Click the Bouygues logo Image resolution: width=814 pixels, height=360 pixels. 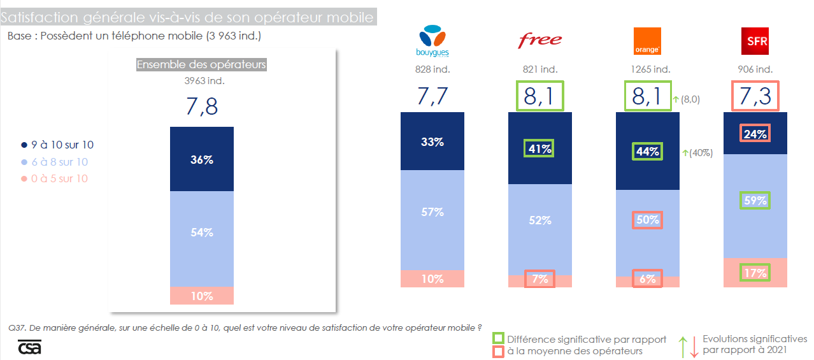pos(432,40)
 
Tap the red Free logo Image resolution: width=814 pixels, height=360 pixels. pos(540,41)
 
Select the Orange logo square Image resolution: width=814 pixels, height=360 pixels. pos(647,41)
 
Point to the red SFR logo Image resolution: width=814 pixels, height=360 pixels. pos(755,41)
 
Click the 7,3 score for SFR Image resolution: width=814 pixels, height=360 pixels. pos(755,96)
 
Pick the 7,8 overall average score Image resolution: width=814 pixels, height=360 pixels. pos(202,106)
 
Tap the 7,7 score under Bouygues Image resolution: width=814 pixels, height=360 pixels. pos(432,96)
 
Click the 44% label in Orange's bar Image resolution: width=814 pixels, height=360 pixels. pos(648,152)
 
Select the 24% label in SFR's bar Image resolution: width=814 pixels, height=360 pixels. pos(755,134)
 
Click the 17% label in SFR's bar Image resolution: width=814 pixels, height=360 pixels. pos(755,273)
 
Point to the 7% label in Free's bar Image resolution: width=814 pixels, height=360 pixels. pos(540,279)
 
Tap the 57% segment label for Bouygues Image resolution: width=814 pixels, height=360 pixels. pos(432,212)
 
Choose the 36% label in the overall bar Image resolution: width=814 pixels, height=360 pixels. pos(202,160)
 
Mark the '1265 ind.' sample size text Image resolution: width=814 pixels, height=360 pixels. pos(648,69)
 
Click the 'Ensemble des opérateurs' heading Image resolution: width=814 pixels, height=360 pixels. pos(201,64)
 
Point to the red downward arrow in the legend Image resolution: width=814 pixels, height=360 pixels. pos(692,347)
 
